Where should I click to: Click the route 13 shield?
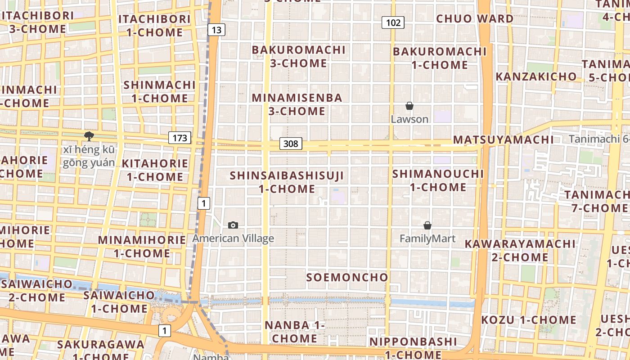pyautogui.click(x=216, y=30)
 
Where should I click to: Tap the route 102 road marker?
pyautogui.click(x=393, y=22)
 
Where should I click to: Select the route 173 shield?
pyautogui.click(x=180, y=138)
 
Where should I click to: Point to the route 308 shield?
pyautogui.click(x=291, y=144)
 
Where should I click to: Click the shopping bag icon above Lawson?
pyautogui.click(x=409, y=106)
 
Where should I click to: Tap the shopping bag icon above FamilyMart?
pyautogui.click(x=427, y=225)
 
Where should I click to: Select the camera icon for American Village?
pyautogui.click(x=233, y=225)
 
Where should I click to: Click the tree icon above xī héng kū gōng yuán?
pyautogui.click(x=89, y=135)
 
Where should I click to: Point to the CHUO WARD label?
pyautogui.click(x=475, y=19)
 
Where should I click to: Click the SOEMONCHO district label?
pyautogui.click(x=347, y=277)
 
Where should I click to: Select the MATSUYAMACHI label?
pyautogui.click(x=503, y=139)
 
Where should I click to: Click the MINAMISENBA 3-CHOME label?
pyautogui.click(x=297, y=104)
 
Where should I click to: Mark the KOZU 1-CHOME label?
pyautogui.click(x=529, y=320)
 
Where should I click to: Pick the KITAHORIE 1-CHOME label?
pyautogui.click(x=155, y=170)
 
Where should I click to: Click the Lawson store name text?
pyautogui.click(x=409, y=119)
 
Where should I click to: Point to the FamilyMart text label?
pyautogui.click(x=427, y=238)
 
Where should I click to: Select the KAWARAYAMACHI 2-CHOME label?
pyautogui.click(x=520, y=251)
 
